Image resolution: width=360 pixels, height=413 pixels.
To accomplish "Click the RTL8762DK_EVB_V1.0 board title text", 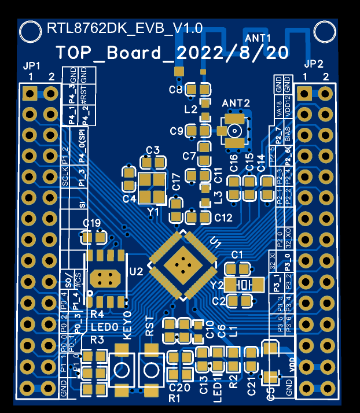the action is [124, 28].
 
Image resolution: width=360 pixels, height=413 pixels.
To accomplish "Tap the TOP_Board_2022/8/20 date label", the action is [172, 53].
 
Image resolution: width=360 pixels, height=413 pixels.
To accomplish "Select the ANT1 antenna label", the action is [258, 38].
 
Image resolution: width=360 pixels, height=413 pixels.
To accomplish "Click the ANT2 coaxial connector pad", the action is [234, 131].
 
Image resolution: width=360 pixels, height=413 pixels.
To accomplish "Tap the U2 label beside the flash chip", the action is [137, 271].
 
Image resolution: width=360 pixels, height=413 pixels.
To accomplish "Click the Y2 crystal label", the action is [217, 285].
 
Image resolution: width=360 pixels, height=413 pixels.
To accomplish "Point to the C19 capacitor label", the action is [92, 224].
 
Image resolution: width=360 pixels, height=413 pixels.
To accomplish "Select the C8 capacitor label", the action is [175, 90].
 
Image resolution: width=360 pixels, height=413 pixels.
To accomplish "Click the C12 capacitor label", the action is [223, 218].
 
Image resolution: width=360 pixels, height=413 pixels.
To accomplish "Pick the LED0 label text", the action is [104, 327].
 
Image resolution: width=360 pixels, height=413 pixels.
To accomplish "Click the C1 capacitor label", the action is [237, 255].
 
